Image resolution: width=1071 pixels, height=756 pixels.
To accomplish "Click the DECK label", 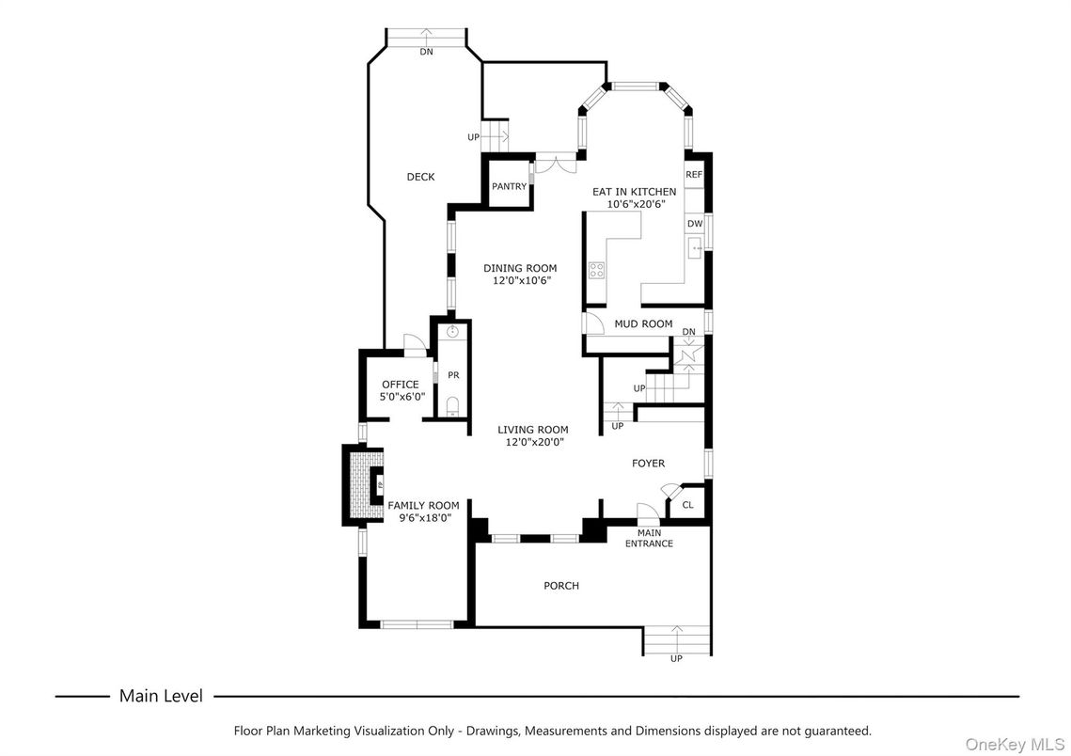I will tap(420, 177).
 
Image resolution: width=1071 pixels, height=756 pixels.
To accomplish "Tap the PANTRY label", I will tap(509, 186).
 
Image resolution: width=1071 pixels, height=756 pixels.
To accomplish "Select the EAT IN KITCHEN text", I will tap(634, 192).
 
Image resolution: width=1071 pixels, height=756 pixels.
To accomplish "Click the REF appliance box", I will tap(694, 175).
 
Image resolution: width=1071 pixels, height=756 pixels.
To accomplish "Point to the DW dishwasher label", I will tap(694, 224).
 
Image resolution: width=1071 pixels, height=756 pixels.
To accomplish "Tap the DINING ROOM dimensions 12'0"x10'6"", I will tap(520, 280).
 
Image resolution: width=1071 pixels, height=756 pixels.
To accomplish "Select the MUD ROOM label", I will tap(643, 324).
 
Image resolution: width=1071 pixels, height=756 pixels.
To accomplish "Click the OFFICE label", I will tap(400, 385).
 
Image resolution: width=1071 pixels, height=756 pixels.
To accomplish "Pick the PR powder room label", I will tap(453, 375).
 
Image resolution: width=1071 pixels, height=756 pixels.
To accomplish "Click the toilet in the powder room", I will tap(453, 405).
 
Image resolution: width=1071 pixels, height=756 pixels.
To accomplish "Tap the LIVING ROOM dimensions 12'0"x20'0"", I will tap(532, 442).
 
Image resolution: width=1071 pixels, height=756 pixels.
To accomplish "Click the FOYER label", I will tap(648, 463).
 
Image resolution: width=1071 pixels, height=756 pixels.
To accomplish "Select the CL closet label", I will tap(687, 505).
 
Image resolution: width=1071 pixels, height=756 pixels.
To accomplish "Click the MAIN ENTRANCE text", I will tap(649, 538).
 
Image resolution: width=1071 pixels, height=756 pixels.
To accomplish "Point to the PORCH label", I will tap(561, 586).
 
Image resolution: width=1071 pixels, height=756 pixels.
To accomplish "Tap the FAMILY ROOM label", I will tap(423, 506).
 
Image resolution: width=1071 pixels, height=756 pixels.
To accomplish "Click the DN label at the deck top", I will tap(426, 52).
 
